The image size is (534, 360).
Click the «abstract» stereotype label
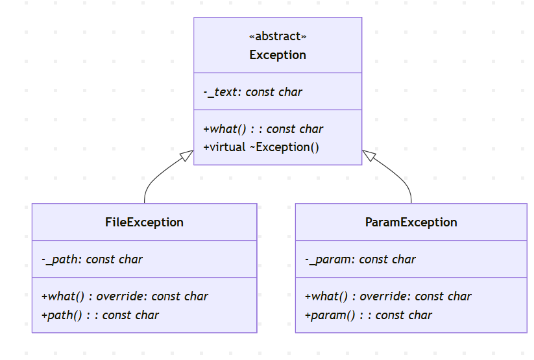(x=278, y=36)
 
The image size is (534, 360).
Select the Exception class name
(x=278, y=55)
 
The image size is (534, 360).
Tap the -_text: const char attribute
(x=252, y=92)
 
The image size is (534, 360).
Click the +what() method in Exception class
(x=263, y=129)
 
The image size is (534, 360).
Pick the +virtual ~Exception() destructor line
(x=261, y=147)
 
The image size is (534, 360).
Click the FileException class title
(x=144, y=222)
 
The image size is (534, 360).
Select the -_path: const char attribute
(x=91, y=259)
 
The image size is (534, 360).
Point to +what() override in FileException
(x=125, y=296)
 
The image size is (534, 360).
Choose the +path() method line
(x=100, y=315)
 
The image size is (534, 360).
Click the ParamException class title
(x=411, y=222)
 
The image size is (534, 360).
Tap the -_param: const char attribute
(x=360, y=259)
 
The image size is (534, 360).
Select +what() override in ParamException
(x=388, y=296)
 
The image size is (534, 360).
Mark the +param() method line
(x=368, y=315)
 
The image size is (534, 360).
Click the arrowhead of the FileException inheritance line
(x=188, y=154)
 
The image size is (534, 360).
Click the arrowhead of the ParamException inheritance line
(x=368, y=154)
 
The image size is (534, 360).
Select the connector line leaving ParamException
(x=407, y=188)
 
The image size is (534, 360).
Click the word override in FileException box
(x=124, y=296)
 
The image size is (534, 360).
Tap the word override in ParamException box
(x=387, y=296)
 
